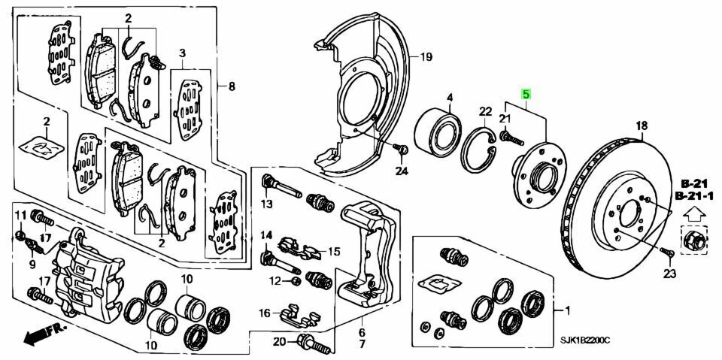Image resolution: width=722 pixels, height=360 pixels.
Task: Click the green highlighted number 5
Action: coord(526,95)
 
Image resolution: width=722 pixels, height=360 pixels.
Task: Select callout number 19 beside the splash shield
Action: coord(426,58)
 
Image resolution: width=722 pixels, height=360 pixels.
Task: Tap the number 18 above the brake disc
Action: coord(642,125)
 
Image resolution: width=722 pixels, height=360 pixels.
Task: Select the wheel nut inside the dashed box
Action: coord(693,240)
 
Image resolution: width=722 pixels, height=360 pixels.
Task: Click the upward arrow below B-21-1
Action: coord(695,214)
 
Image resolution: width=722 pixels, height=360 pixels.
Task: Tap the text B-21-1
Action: coord(694,197)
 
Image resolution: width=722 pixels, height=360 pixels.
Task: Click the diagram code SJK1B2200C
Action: coord(585,340)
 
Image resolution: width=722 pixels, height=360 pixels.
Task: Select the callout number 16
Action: coord(264,314)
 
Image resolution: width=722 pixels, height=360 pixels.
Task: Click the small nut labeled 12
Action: coord(296,280)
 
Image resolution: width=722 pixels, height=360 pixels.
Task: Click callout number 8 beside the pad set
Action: coord(232,86)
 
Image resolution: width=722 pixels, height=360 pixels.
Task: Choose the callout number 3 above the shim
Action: coord(182,54)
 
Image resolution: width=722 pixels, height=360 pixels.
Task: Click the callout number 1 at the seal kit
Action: coord(567,311)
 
